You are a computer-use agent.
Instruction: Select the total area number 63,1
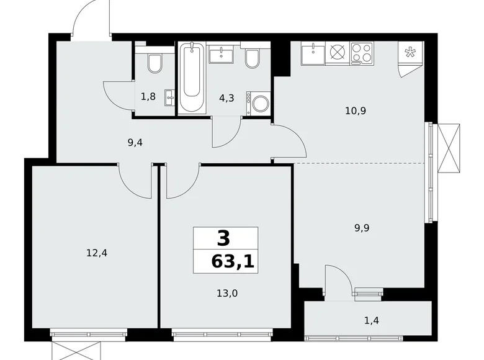(x=233, y=261)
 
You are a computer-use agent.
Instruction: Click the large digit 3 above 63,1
(x=223, y=238)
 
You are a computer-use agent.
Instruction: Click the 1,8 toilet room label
(x=148, y=96)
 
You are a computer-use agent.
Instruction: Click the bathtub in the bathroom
(x=192, y=78)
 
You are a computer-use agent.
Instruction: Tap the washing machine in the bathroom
(x=258, y=103)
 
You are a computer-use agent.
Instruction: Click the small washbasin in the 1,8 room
(x=169, y=97)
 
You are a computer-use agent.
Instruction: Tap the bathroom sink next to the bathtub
(x=222, y=55)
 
